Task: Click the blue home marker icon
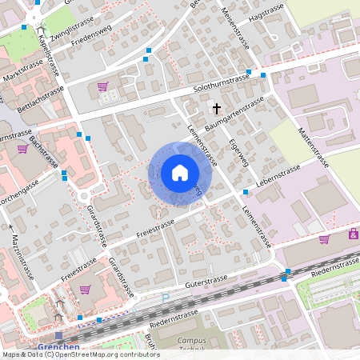pos(179,173)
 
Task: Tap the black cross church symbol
pos(216,107)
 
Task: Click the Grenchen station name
pos(58,346)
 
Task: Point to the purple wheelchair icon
pos(352,234)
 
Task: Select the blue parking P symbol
pos(166,298)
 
